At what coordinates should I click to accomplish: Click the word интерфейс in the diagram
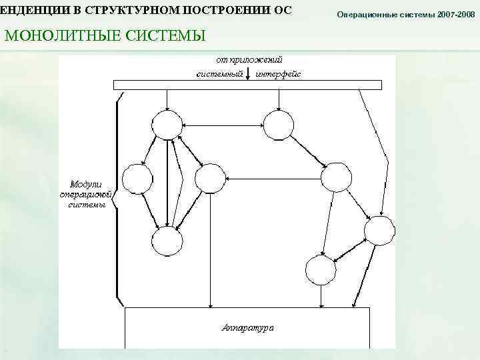[278, 73]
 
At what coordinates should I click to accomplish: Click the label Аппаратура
[247, 328]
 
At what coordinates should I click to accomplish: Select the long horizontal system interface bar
[247, 85]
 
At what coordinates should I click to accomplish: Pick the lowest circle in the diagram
[319, 270]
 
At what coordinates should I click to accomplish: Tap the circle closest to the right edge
[379, 229]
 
